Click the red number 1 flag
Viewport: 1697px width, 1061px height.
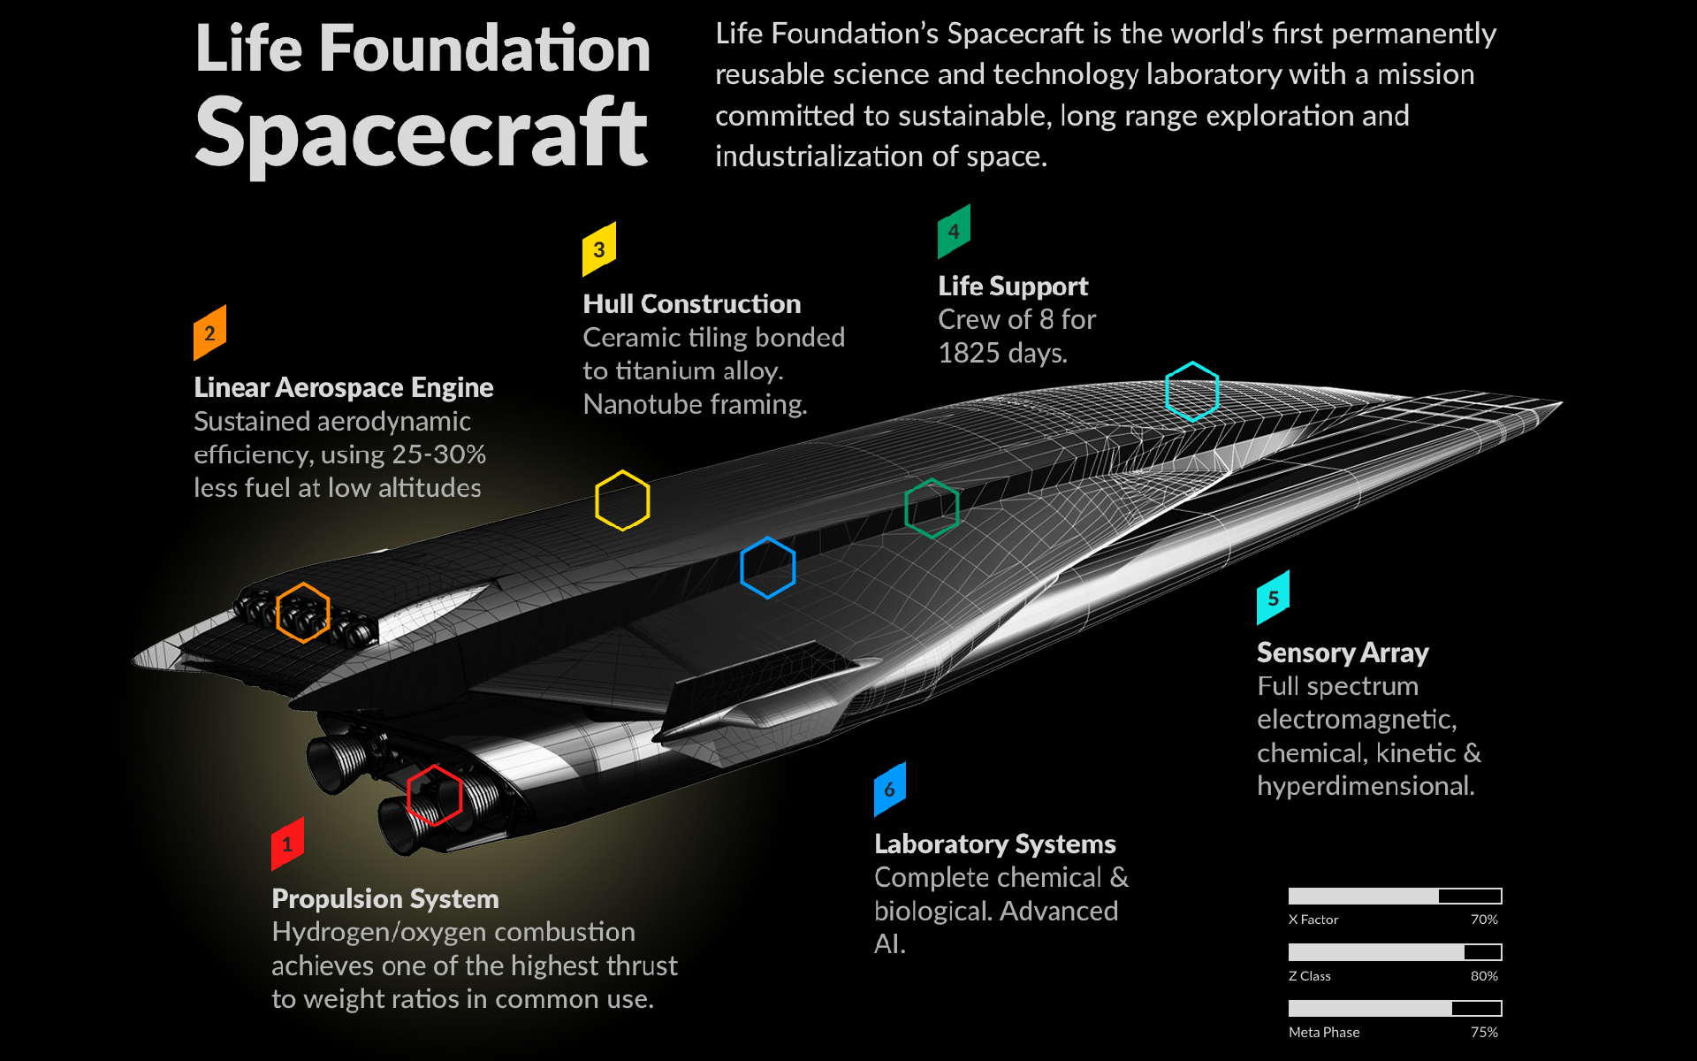coord(287,843)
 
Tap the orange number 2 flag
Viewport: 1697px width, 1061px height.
coord(209,332)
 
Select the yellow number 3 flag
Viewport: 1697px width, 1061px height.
coord(598,249)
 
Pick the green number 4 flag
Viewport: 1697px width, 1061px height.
coord(954,231)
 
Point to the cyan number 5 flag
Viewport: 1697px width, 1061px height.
coord(1273,598)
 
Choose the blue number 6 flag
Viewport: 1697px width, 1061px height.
coord(889,789)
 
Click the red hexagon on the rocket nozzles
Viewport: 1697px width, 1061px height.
coord(434,795)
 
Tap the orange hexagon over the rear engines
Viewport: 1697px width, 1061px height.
coord(303,612)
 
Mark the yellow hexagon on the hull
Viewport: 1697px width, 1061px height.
coord(622,500)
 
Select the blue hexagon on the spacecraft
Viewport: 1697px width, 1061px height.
coord(767,568)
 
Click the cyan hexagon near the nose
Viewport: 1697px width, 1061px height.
coord(1191,391)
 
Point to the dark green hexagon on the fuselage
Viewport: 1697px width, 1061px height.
coord(932,508)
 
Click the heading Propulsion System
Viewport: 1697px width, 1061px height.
coord(385,898)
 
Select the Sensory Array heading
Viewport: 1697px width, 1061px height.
coord(1343,653)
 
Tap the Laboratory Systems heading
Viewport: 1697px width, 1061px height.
coord(994,843)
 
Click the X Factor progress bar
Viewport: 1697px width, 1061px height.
coord(1395,896)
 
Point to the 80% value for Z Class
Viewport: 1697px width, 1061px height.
coord(1484,976)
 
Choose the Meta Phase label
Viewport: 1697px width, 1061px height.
coord(1324,1032)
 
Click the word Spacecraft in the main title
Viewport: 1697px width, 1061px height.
coord(422,134)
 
